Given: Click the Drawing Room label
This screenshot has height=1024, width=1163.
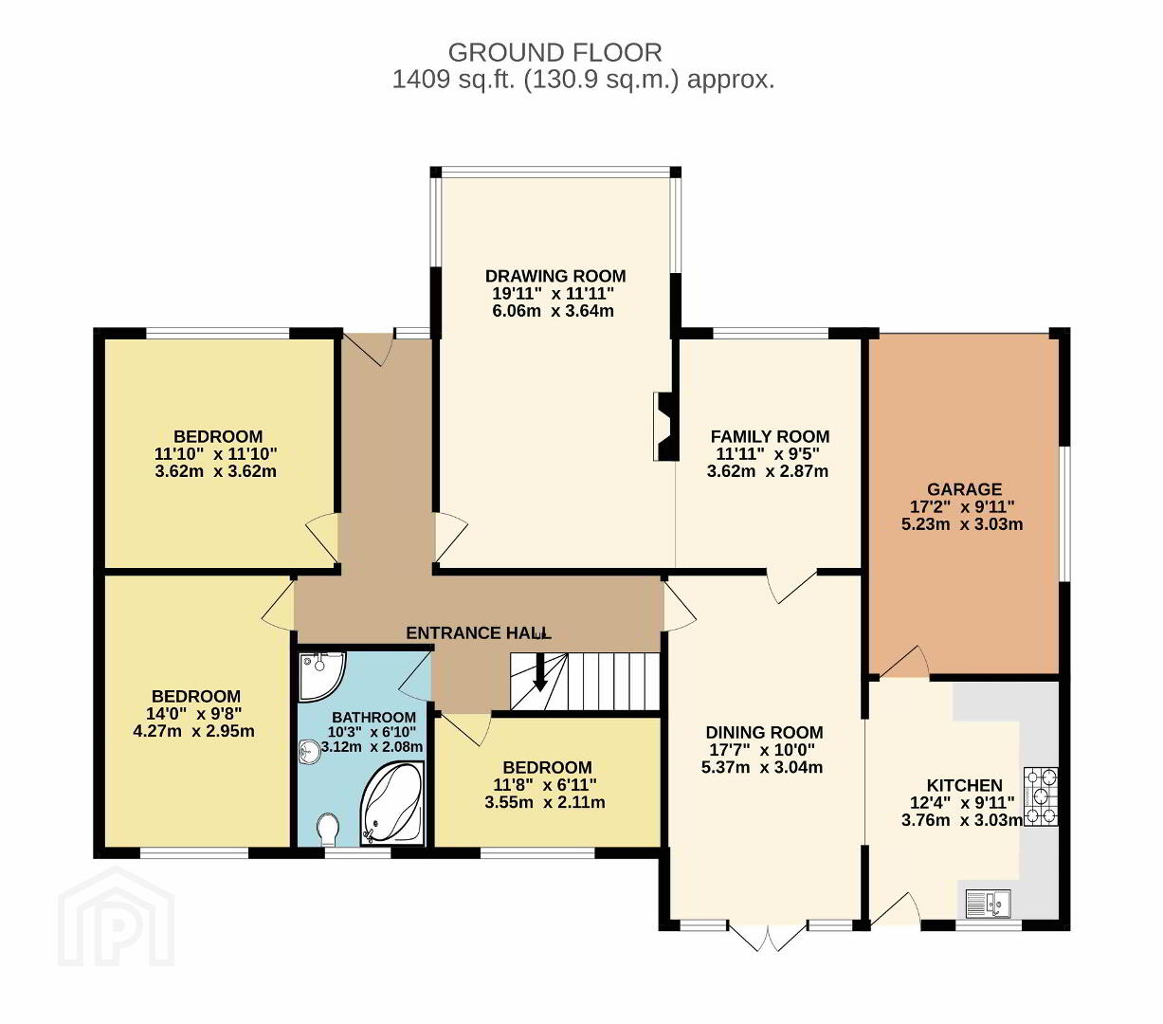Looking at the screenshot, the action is pyautogui.click(x=555, y=276).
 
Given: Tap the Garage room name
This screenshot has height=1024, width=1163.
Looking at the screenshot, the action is pyautogui.click(x=964, y=489).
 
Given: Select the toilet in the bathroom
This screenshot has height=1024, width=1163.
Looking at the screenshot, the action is pyautogui.click(x=328, y=830).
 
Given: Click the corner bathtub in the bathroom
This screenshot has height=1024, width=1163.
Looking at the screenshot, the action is pyautogui.click(x=392, y=803).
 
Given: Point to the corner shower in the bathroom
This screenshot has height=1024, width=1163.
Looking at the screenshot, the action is pyautogui.click(x=321, y=677).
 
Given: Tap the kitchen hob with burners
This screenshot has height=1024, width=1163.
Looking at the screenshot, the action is pyautogui.click(x=1041, y=797).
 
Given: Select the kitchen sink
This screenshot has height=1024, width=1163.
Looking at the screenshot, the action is pyautogui.click(x=988, y=904).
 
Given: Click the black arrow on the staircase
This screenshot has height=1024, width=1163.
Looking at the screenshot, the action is pyautogui.click(x=539, y=672).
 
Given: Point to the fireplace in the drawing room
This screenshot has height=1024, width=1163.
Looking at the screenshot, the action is pyautogui.click(x=666, y=427).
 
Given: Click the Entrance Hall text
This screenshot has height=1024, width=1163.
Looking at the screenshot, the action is pyautogui.click(x=479, y=633).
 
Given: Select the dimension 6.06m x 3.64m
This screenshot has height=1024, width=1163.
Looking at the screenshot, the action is pyautogui.click(x=553, y=311).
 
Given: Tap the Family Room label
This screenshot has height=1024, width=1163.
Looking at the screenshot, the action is pyautogui.click(x=770, y=436).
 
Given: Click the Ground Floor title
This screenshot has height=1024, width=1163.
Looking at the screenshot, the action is pyautogui.click(x=554, y=53).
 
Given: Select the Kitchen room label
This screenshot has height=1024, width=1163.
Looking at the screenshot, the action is pyautogui.click(x=964, y=786).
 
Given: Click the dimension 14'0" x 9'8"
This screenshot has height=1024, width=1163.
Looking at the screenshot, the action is pyautogui.click(x=194, y=714).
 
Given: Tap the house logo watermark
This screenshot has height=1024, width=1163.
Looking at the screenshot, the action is pyautogui.click(x=116, y=918).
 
